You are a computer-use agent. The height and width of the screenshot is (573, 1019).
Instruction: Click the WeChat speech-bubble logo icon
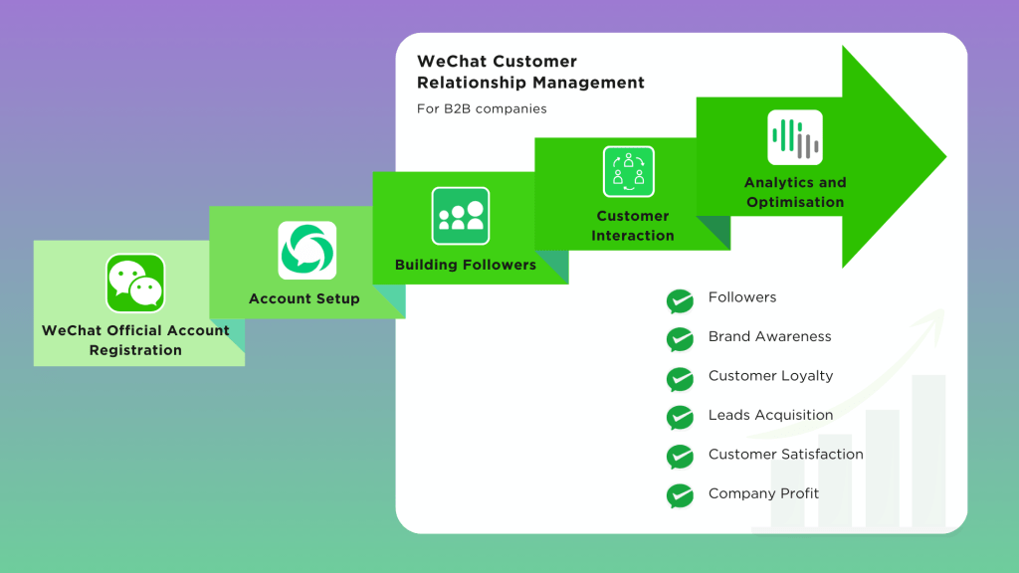click(135, 284)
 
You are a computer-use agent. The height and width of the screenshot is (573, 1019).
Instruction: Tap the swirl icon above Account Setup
click(306, 250)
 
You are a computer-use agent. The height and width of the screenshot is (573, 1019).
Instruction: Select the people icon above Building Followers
click(461, 216)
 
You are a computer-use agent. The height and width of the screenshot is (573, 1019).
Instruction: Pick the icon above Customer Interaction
click(629, 171)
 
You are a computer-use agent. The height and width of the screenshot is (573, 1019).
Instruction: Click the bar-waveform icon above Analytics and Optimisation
click(795, 137)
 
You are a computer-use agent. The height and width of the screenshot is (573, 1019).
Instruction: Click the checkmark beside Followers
click(680, 300)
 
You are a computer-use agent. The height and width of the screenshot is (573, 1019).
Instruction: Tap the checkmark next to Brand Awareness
click(680, 340)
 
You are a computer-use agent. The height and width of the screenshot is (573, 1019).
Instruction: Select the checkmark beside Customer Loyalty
click(680, 379)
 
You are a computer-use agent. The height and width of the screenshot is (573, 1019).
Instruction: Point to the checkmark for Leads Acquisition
click(680, 418)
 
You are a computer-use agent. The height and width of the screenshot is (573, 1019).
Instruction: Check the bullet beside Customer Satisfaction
click(680, 457)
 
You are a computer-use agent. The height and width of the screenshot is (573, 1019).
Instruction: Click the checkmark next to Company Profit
click(680, 495)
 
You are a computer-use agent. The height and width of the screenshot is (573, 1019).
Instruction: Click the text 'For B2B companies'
click(482, 108)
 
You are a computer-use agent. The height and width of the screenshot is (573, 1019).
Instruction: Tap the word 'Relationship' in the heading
click(471, 84)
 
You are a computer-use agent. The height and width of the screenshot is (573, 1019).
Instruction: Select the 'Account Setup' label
click(305, 298)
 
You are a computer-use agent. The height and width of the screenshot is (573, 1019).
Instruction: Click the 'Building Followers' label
click(466, 265)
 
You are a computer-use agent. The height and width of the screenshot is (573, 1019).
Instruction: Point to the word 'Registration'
click(135, 350)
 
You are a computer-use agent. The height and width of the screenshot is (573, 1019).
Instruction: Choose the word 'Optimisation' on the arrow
click(795, 202)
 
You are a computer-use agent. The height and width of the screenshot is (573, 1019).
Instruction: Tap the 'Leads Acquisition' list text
click(770, 415)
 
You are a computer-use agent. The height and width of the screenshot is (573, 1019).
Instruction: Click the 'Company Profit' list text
click(763, 493)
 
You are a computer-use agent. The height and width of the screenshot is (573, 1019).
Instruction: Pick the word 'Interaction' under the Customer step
click(632, 235)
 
